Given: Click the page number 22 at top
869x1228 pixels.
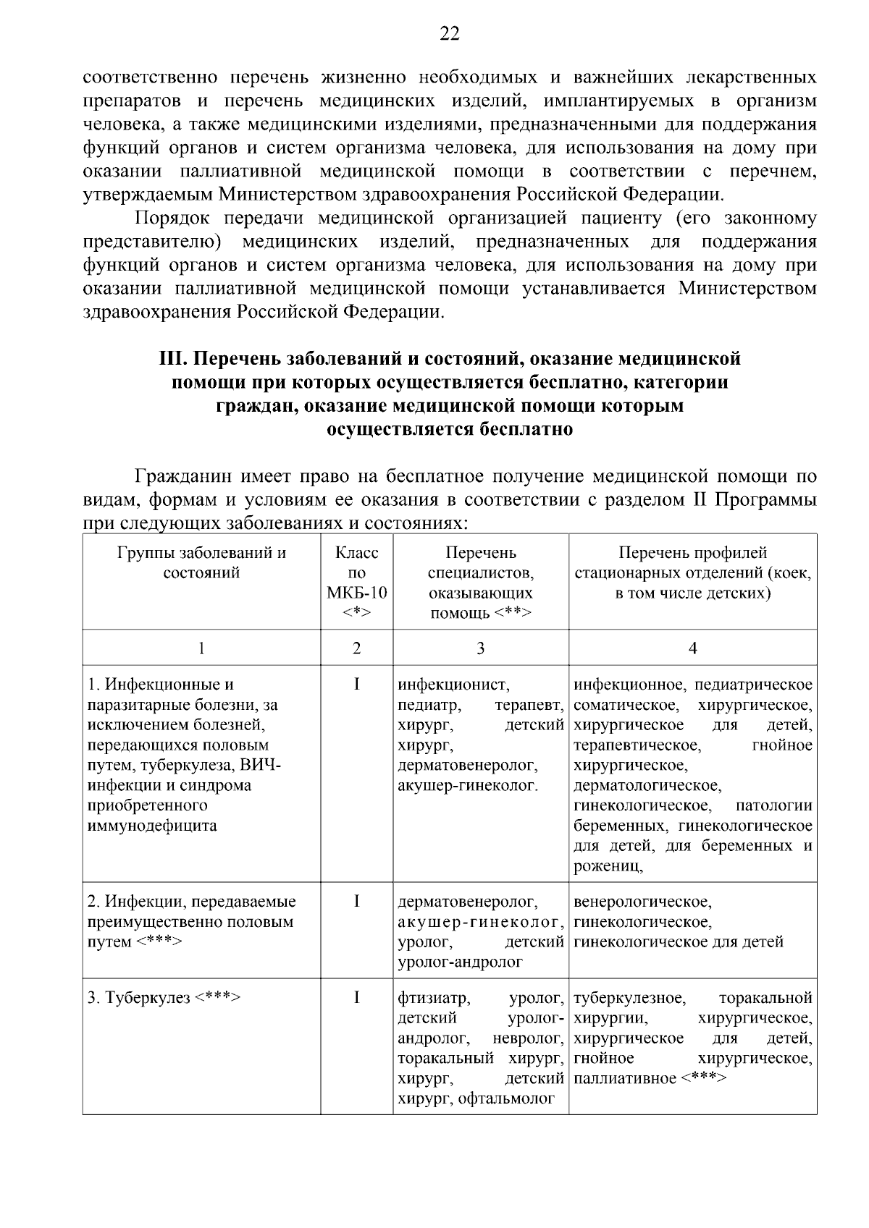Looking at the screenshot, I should pyautogui.click(x=449, y=33).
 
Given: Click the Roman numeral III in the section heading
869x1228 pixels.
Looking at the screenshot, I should pyautogui.click(x=171, y=358).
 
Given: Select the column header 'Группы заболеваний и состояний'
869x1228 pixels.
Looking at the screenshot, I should pyautogui.click(x=201, y=563).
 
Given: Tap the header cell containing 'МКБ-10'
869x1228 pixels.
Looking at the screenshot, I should pyautogui.click(x=356, y=593).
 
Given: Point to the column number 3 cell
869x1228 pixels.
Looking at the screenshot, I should pyautogui.click(x=480, y=648).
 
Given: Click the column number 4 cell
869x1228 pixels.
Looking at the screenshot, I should pyautogui.click(x=692, y=648).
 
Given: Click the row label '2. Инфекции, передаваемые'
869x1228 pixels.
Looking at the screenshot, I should pyautogui.click(x=192, y=902).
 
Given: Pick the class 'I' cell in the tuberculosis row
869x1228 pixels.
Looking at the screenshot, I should pyautogui.click(x=356, y=998).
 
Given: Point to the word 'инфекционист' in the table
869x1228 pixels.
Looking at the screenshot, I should pyautogui.click(x=454, y=685).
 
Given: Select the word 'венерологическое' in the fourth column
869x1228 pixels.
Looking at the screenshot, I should pyautogui.click(x=642, y=902).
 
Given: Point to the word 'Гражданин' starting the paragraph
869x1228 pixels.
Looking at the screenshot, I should pyautogui.click(x=182, y=476).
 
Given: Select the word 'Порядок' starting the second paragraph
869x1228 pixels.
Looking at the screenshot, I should pyautogui.click(x=170, y=218).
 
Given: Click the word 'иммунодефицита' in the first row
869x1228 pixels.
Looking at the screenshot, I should pyautogui.click(x=152, y=826).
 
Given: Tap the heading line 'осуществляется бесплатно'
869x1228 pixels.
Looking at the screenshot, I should pyautogui.click(x=449, y=429).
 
